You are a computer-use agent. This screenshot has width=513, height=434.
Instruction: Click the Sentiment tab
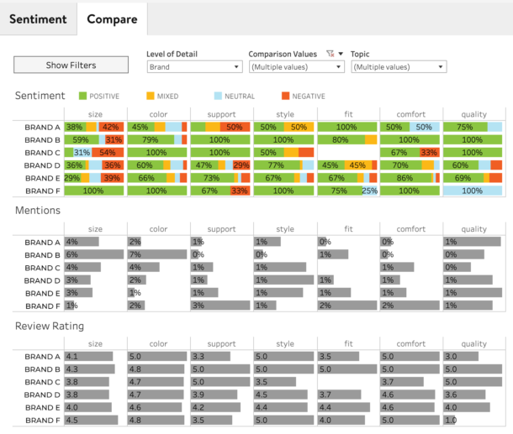pyautogui.click(x=38, y=18)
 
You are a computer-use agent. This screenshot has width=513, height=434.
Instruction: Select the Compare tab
pyautogui.click(x=112, y=18)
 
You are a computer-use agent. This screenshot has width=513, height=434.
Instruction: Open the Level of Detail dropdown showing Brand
pyautogui.click(x=194, y=67)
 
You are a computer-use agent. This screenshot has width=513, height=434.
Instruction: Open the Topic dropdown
pyautogui.click(x=398, y=67)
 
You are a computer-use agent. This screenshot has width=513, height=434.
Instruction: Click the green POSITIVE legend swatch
pyautogui.click(x=82, y=97)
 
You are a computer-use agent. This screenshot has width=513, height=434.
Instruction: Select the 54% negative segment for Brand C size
pyautogui.click(x=108, y=153)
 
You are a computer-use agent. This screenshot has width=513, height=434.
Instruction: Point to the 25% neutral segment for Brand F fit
pyautogui.click(x=369, y=191)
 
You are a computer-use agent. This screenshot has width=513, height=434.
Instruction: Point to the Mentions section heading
pyautogui.click(x=38, y=211)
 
